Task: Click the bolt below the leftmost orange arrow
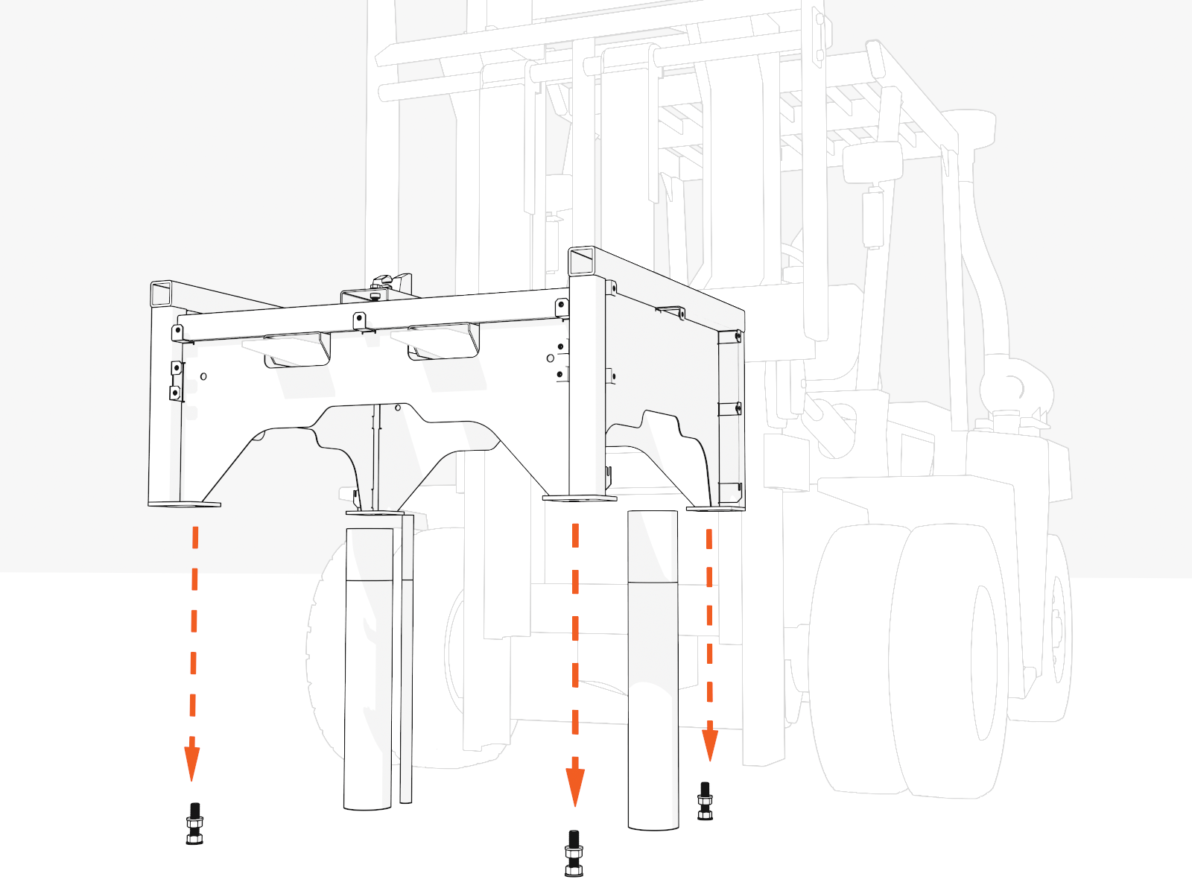[x=194, y=824]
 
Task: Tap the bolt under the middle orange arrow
[x=574, y=854]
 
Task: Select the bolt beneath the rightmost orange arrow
[x=705, y=802]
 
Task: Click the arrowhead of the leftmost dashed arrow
[x=192, y=760]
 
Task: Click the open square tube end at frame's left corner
[x=162, y=294]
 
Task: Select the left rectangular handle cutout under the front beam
[x=298, y=350]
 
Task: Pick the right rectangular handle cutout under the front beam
[x=443, y=342]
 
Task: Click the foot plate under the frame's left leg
[x=185, y=504]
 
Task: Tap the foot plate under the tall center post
[x=580, y=498]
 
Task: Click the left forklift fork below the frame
[x=368, y=670]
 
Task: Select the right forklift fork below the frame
[x=653, y=670]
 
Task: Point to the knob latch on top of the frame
[x=382, y=282]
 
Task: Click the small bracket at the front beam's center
[x=360, y=321]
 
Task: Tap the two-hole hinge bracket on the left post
[x=177, y=380]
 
